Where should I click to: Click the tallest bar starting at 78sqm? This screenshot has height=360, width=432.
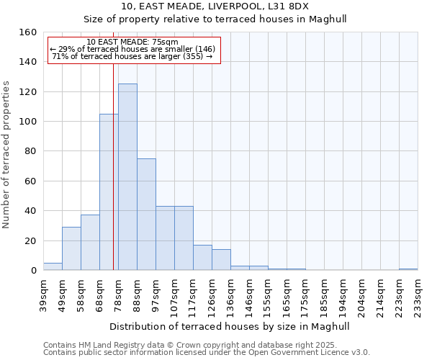point(127,177)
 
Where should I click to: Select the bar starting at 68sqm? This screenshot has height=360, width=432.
point(109,192)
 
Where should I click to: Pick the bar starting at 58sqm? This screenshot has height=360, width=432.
point(90,243)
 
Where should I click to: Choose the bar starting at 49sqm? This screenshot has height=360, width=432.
point(71,248)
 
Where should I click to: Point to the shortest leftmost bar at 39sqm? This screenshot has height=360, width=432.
point(53,266)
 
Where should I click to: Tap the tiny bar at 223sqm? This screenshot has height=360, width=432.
point(408,269)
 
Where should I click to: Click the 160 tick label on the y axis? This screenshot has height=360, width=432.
point(27,32)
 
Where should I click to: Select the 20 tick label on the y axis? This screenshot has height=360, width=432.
point(30,240)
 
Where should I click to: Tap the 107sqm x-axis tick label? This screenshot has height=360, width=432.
point(174,295)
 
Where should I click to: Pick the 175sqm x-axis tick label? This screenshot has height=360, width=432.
point(305,295)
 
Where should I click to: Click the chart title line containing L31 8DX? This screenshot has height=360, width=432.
point(215,6)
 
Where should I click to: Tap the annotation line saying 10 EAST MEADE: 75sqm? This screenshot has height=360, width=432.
point(132,42)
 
